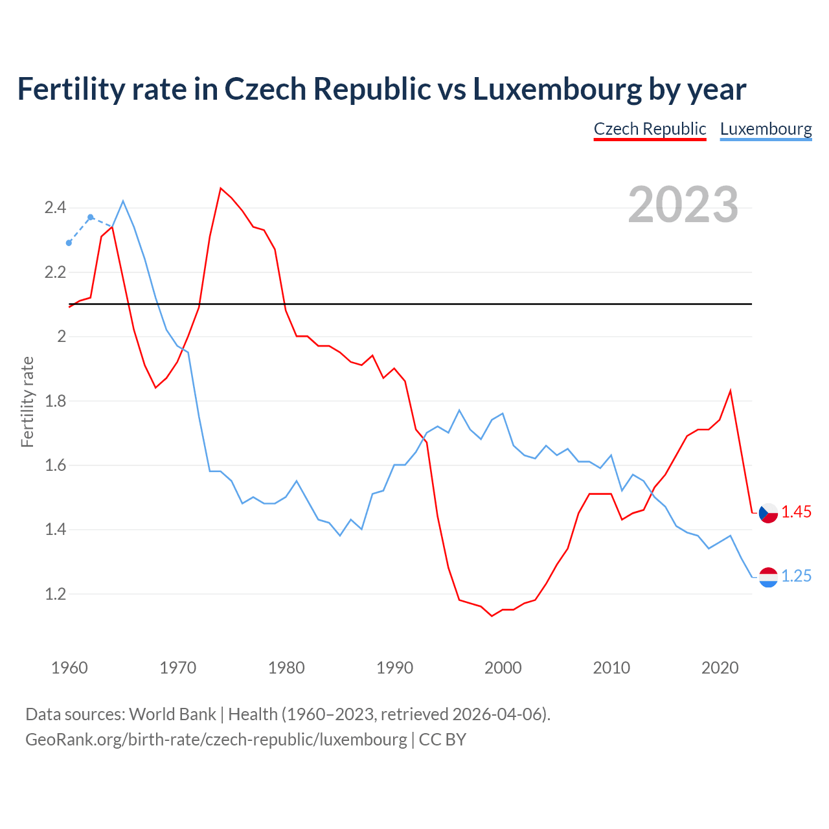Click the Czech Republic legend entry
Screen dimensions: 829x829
click(650, 129)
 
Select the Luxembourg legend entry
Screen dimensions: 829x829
click(766, 129)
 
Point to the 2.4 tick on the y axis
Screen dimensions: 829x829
click(55, 208)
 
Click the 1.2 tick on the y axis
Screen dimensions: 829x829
click(55, 594)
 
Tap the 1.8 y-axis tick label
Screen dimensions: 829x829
click(55, 401)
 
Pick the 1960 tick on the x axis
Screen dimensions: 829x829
click(69, 668)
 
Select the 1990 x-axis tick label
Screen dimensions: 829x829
click(394, 668)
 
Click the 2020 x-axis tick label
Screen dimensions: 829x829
click(720, 668)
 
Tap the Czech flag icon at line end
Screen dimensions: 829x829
click(768, 513)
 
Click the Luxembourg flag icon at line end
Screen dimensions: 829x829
click(768, 577)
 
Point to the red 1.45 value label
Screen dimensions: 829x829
click(796, 512)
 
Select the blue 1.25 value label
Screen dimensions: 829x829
click(796, 576)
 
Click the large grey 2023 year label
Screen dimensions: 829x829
click(683, 205)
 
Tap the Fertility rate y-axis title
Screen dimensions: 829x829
click(27, 402)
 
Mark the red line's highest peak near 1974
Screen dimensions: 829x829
click(221, 188)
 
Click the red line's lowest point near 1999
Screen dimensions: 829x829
click(492, 616)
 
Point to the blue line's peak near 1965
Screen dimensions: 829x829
click(123, 201)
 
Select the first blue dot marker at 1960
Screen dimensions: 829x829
click(69, 243)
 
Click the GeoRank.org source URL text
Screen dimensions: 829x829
click(216, 740)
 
